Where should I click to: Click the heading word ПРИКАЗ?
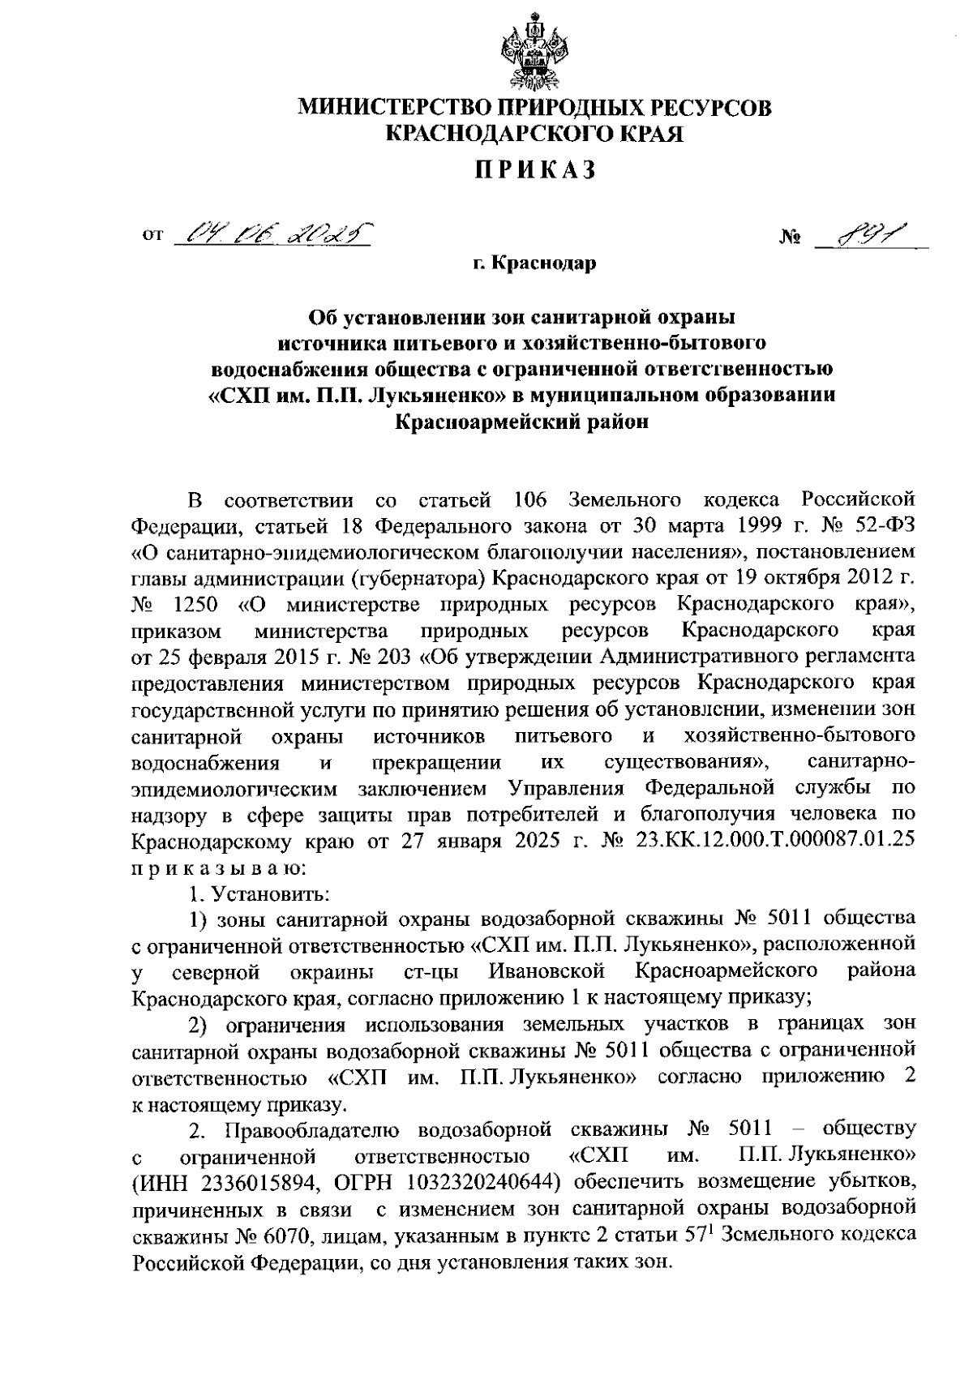pyautogui.click(x=535, y=169)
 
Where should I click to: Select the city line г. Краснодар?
pyautogui.click(x=535, y=263)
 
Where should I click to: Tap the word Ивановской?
pyautogui.click(x=547, y=970)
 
